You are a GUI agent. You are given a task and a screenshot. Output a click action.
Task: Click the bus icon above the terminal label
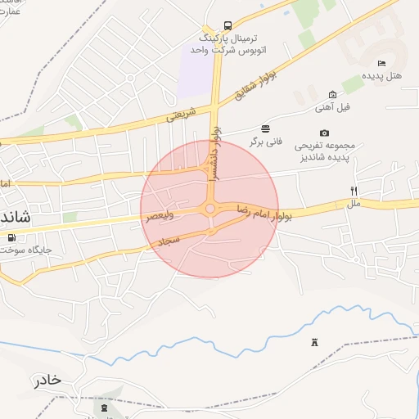tap(227, 25)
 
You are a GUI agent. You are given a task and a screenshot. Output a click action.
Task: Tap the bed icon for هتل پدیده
tap(381, 64)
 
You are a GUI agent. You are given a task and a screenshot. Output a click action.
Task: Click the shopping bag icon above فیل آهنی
tap(332, 95)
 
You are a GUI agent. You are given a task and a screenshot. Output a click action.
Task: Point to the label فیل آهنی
tap(333, 107)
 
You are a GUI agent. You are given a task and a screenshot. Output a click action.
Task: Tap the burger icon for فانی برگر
tap(265, 128)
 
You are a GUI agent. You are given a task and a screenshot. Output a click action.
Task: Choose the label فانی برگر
tap(266, 141)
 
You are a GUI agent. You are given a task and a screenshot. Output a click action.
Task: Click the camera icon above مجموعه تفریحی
tap(325, 133)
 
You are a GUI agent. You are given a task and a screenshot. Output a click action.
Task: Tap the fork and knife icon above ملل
tap(354, 191)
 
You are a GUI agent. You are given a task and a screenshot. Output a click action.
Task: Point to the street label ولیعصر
tap(160, 217)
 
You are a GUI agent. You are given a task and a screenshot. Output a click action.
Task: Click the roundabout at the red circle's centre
tap(210, 209)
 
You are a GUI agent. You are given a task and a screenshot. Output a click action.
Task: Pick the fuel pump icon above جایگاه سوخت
tap(11, 238)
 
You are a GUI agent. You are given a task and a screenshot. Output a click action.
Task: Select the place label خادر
tap(47, 381)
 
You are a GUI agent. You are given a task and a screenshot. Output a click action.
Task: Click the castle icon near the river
tap(313, 342)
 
